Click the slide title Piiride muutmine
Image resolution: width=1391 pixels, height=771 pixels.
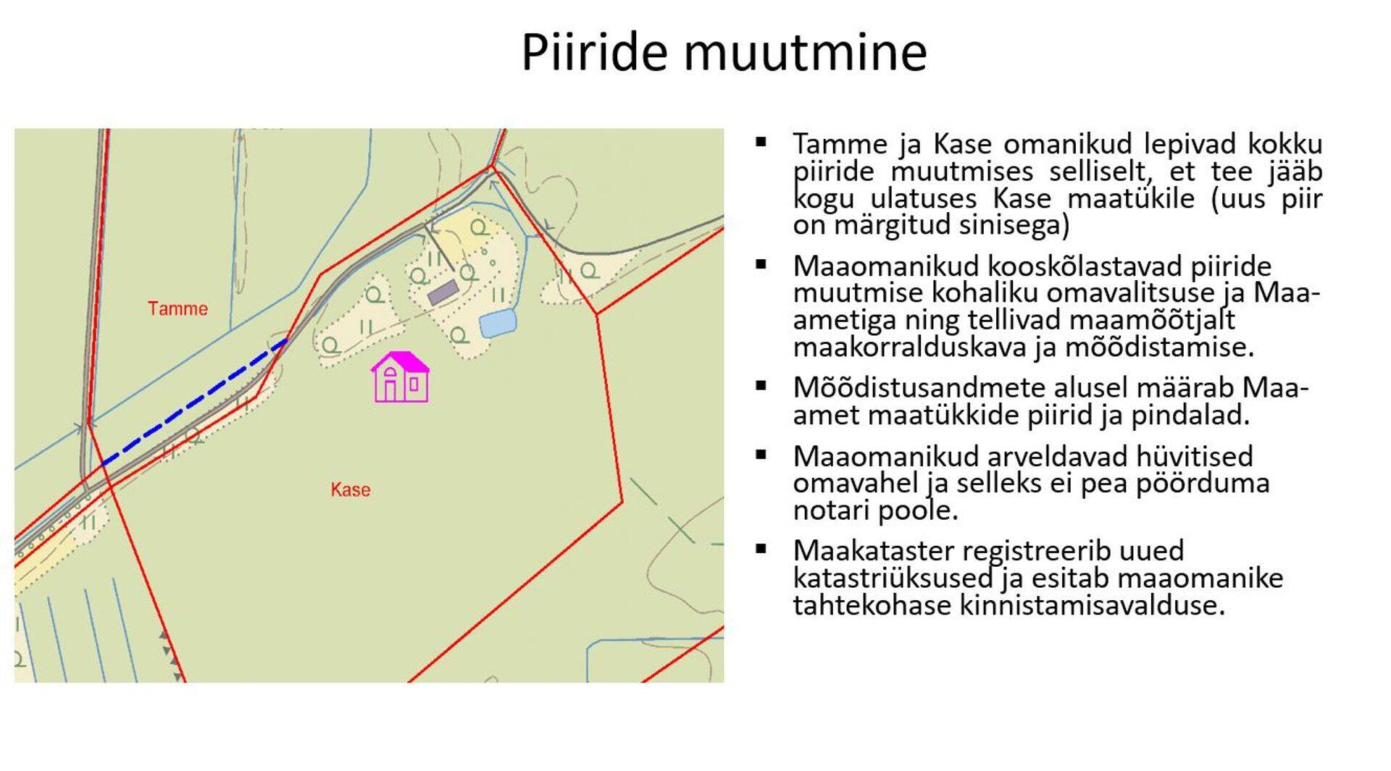[724, 51]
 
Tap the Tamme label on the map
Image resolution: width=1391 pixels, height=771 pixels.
[177, 308]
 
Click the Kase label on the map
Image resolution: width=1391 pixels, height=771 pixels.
[351, 490]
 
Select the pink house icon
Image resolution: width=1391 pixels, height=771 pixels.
[401, 377]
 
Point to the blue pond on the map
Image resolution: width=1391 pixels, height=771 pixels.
[498, 323]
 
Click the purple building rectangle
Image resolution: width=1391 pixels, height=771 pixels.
[443, 292]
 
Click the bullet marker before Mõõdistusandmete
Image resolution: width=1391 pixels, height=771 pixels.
[761, 386]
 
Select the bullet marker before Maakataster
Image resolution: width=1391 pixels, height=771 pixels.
[761, 549]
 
